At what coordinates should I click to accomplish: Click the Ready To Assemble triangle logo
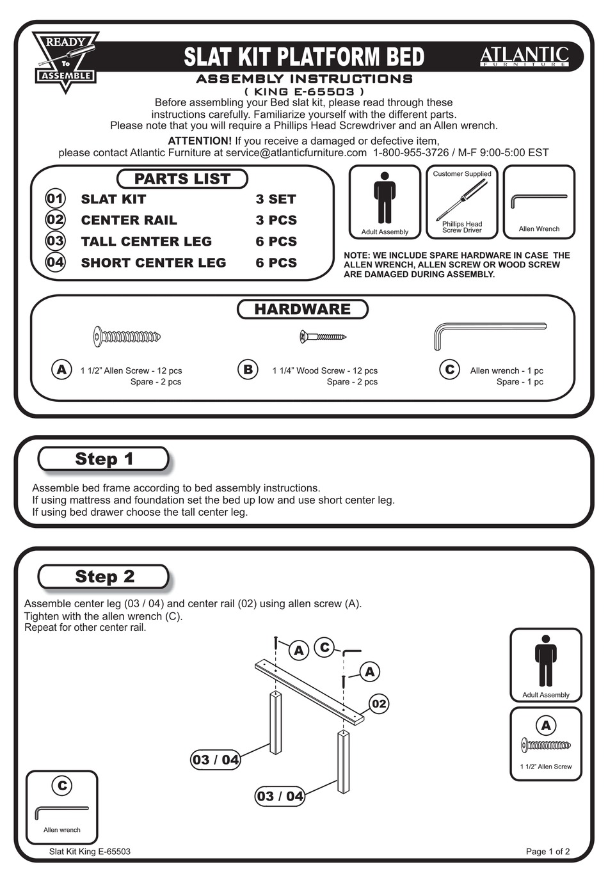(x=66, y=60)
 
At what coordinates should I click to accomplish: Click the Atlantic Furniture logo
(x=524, y=56)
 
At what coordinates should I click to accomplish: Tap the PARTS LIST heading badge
(x=182, y=179)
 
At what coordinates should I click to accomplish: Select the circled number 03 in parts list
(x=55, y=241)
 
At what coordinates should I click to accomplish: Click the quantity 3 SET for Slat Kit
(x=275, y=199)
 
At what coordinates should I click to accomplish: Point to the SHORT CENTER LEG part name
(x=153, y=262)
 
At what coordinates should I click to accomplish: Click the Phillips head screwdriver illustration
(x=461, y=200)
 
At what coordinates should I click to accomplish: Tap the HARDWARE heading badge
(x=302, y=309)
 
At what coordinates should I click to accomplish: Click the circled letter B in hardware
(x=248, y=369)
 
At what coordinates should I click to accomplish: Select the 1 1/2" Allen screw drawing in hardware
(x=127, y=336)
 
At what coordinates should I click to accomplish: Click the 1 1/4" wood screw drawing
(x=323, y=336)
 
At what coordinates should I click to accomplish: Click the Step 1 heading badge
(x=104, y=459)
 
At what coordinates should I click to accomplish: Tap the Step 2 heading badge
(x=104, y=577)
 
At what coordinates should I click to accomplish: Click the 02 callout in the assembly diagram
(x=379, y=704)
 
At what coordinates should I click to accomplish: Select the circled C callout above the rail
(x=324, y=648)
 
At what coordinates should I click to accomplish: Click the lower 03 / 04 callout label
(x=280, y=796)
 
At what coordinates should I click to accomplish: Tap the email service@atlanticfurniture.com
(x=296, y=153)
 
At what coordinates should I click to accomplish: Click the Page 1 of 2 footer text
(x=547, y=852)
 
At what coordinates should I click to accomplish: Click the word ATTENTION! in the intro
(x=199, y=141)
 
